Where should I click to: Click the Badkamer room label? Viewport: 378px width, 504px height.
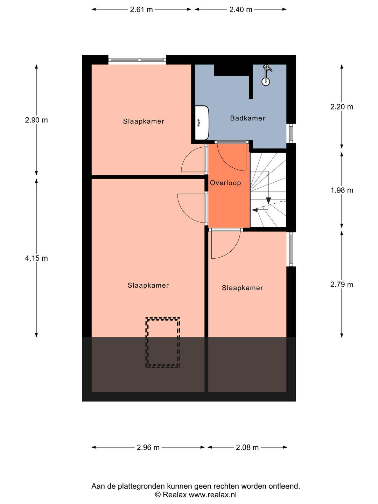[247, 118]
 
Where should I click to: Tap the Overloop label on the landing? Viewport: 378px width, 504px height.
[225, 183]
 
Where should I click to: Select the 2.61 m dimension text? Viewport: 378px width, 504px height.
[141, 9]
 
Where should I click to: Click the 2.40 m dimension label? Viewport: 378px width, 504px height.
[241, 9]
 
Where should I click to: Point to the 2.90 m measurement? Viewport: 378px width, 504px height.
[36, 120]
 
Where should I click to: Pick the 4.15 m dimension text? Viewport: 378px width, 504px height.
[36, 258]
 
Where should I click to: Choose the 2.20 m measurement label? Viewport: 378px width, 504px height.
[342, 107]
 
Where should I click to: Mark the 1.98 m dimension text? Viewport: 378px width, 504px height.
[342, 190]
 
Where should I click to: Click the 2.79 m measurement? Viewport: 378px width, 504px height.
[342, 285]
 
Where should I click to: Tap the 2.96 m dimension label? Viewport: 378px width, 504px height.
[148, 447]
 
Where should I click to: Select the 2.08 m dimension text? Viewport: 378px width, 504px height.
[247, 447]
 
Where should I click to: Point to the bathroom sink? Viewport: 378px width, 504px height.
[202, 122]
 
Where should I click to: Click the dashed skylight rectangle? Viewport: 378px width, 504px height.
[163, 343]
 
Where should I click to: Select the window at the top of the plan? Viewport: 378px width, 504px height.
[137, 60]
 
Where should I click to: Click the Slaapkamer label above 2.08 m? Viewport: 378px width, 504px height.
[242, 288]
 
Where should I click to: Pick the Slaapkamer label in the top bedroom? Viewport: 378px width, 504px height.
[143, 121]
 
